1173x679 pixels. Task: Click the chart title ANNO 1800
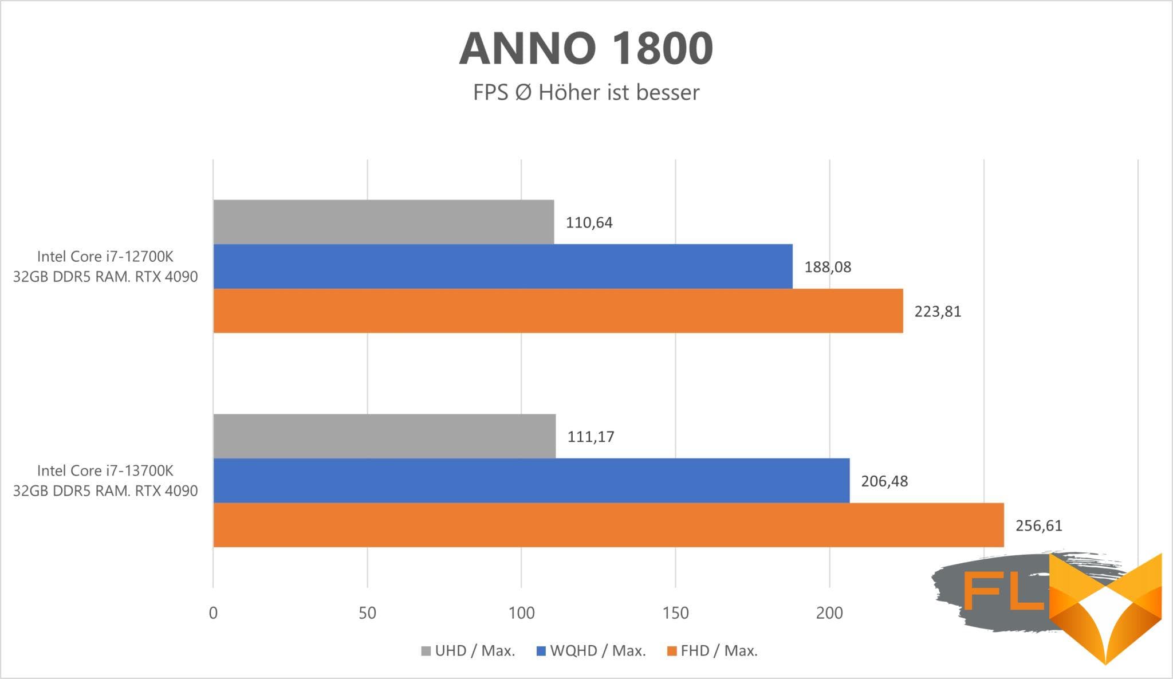click(586, 48)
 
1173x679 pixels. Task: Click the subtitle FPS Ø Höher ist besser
click(586, 92)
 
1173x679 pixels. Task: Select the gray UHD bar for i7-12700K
click(383, 222)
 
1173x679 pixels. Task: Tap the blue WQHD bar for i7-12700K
click(502, 266)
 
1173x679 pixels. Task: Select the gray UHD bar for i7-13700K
click(384, 436)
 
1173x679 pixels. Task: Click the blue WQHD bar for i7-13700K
click(531, 480)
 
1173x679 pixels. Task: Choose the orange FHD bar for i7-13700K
click(608, 525)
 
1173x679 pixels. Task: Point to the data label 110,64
click(589, 222)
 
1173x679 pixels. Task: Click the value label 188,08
click(828, 267)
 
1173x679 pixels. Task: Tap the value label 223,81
click(938, 312)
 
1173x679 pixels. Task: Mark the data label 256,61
click(1038, 525)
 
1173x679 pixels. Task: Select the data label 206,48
click(884, 481)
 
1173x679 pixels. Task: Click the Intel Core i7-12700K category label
click(105, 266)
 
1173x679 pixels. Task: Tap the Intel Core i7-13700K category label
click(105, 480)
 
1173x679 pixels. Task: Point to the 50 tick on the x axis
click(367, 613)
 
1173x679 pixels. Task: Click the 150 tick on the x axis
click(675, 613)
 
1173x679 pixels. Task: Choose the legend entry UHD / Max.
click(469, 651)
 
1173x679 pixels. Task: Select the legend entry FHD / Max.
click(713, 651)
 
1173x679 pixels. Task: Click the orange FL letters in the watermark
click(1004, 590)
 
